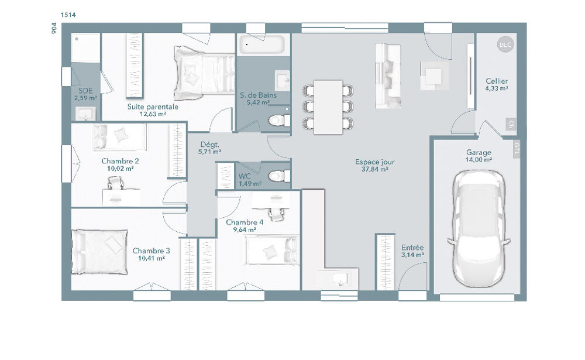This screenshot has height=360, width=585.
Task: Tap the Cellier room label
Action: [x=496, y=81]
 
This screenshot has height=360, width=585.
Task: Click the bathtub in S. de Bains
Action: [x=263, y=45]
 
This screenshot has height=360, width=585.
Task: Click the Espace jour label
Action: [x=374, y=162]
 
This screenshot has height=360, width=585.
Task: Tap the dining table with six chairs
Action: [x=328, y=107]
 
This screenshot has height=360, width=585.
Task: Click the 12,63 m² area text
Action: [x=153, y=115]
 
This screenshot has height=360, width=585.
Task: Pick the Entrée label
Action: [x=412, y=248]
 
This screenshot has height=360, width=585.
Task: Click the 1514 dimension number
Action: [x=68, y=14]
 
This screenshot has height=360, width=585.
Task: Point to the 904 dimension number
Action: [x=53, y=29]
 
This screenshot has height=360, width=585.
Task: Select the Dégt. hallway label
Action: [x=209, y=144]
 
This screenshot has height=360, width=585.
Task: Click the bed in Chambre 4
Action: [x=271, y=252]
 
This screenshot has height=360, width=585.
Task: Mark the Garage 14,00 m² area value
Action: [x=479, y=159]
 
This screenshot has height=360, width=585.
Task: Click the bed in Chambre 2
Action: [x=119, y=136]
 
